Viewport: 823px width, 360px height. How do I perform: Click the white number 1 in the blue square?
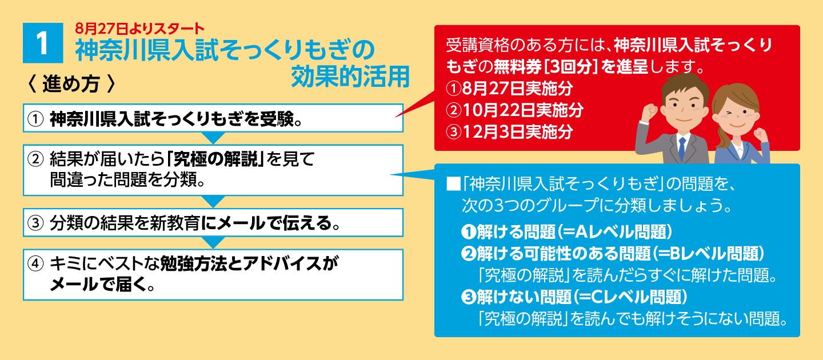point(42,43)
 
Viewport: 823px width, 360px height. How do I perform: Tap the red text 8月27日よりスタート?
point(139,29)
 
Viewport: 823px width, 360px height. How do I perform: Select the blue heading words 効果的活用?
point(350,77)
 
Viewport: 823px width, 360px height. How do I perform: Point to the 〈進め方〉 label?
point(71,84)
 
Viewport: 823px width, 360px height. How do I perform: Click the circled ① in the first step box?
point(35,119)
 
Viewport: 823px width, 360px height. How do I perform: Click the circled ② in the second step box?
point(35,159)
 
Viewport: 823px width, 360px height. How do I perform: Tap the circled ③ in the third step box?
point(35,223)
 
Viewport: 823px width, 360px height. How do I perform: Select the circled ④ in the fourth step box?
point(35,264)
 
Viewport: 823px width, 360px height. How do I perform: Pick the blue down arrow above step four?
point(213,243)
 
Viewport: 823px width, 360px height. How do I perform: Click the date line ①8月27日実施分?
point(509,88)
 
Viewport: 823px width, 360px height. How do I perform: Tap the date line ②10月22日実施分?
point(514,110)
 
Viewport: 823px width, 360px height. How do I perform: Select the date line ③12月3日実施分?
point(509,132)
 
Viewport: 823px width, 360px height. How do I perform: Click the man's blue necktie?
point(682,149)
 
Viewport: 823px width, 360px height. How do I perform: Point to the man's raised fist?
point(649,111)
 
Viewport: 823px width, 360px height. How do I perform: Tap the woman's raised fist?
point(761,135)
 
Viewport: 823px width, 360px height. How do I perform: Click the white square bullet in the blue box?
point(453,183)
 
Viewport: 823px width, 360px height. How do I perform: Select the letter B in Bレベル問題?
point(676,253)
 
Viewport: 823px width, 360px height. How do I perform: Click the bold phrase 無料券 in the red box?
point(518,66)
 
